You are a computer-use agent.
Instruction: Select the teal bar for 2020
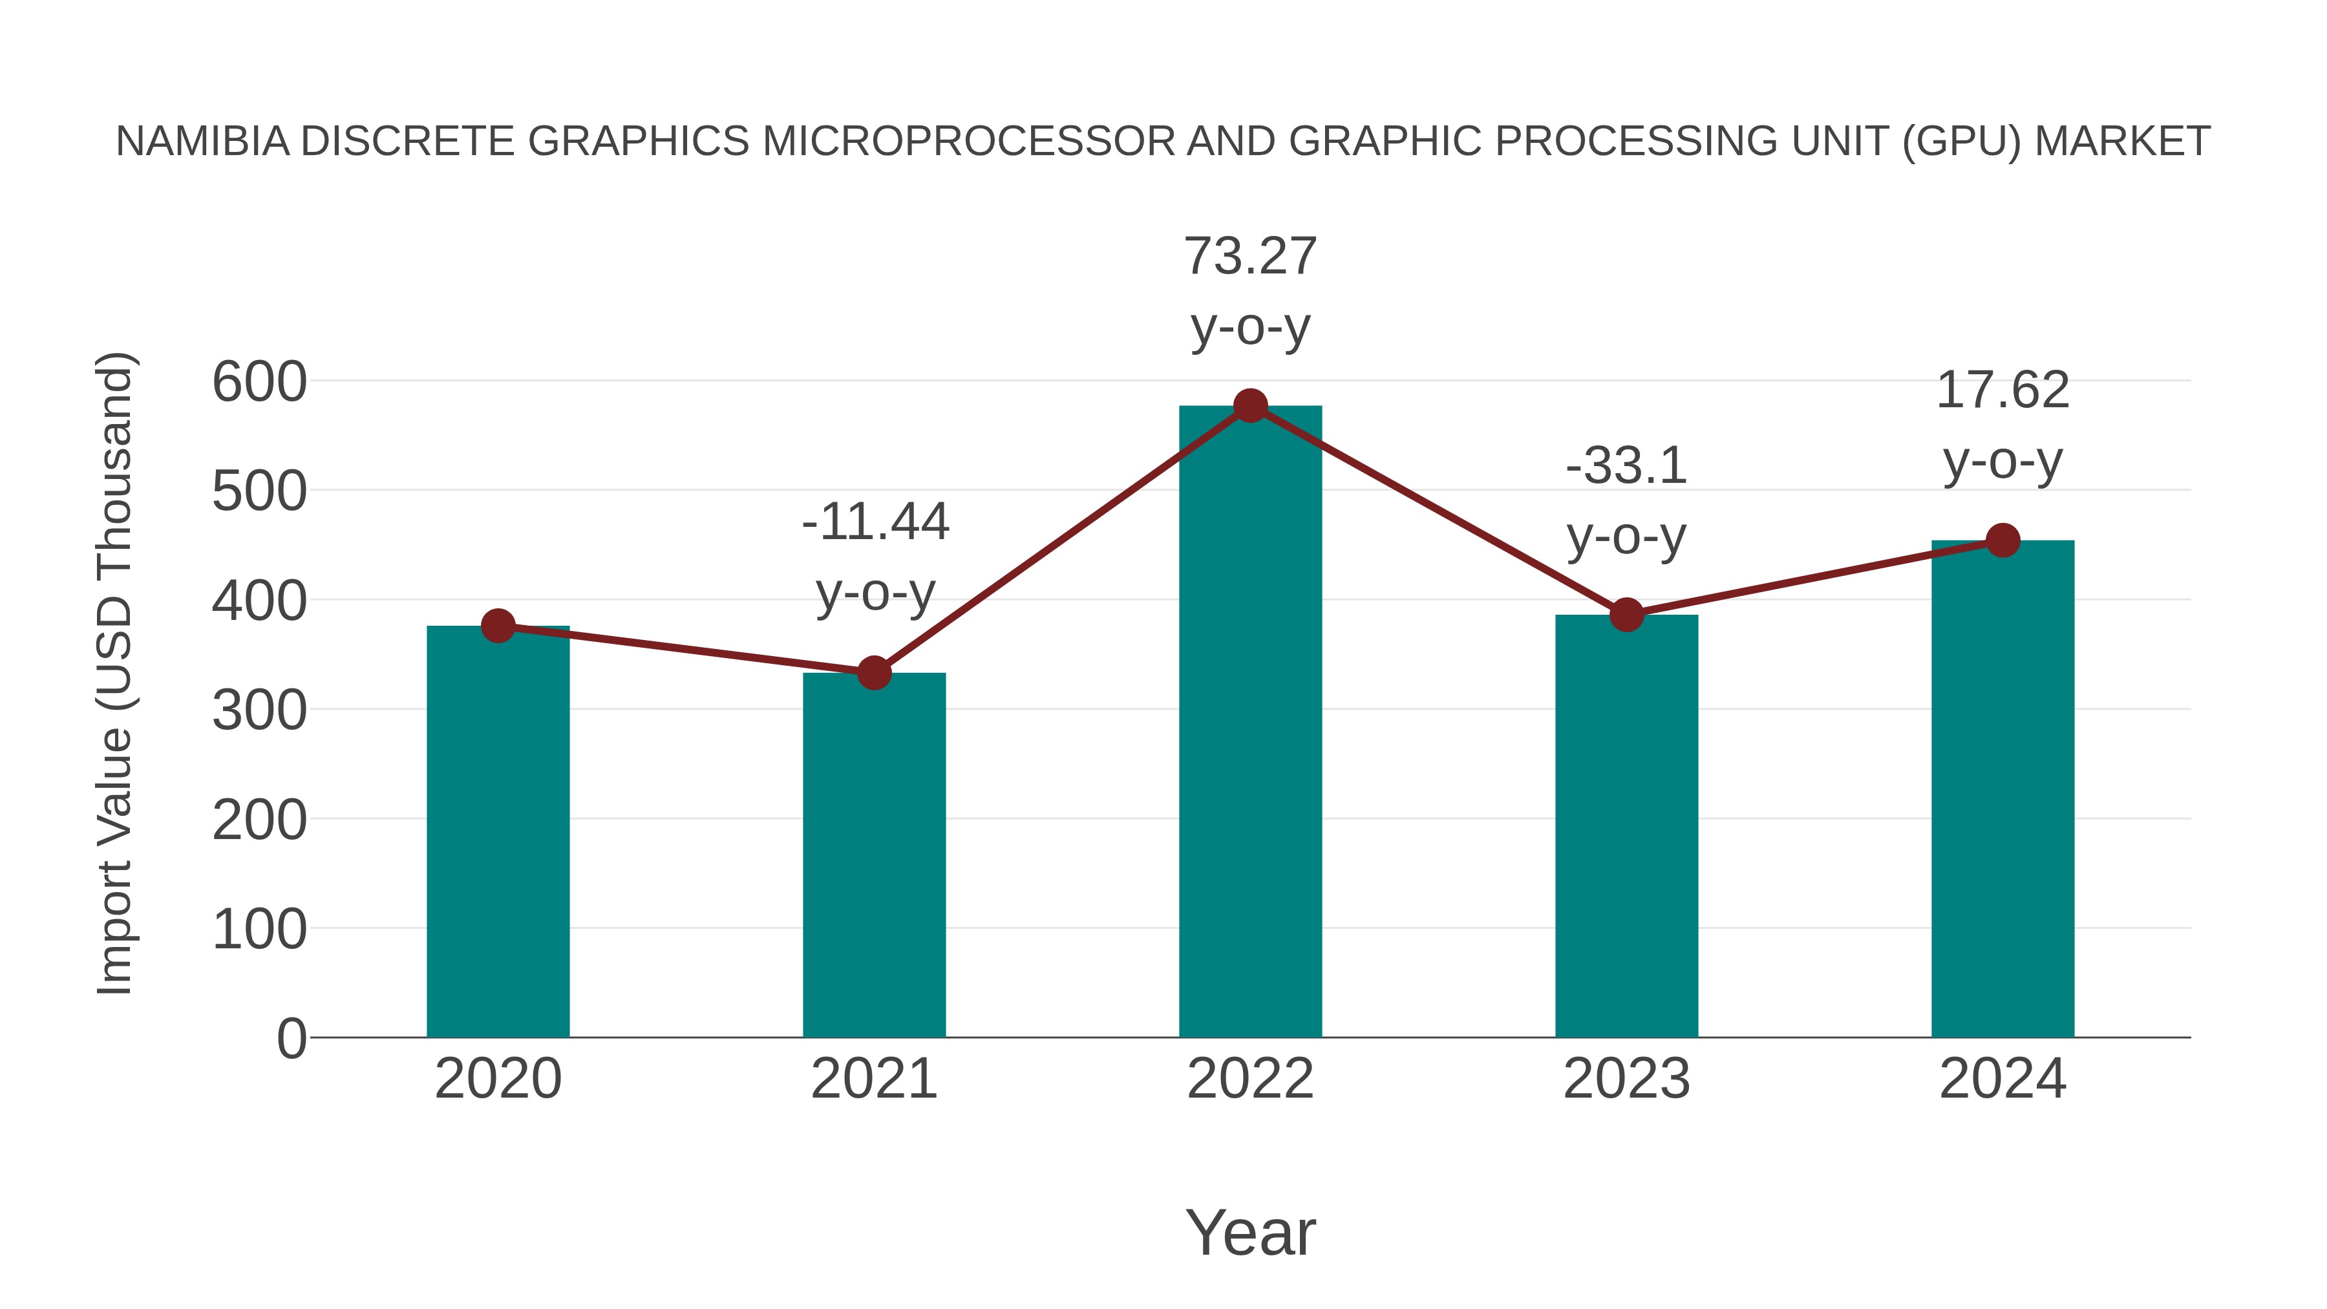click(x=498, y=831)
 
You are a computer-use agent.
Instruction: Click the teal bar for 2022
click(x=1250, y=723)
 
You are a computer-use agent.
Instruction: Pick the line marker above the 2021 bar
click(x=873, y=673)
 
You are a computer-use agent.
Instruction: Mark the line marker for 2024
click(x=2003, y=540)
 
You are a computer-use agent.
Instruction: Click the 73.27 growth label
click(x=1250, y=257)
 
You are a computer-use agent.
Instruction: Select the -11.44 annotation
click(x=875, y=522)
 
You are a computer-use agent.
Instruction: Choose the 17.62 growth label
click(x=2003, y=391)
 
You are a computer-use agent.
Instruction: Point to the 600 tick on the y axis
click(x=259, y=382)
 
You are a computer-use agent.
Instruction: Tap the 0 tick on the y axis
click(x=291, y=1039)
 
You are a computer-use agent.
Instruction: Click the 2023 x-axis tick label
click(x=1626, y=1080)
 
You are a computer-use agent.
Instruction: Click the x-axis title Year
click(x=1250, y=1233)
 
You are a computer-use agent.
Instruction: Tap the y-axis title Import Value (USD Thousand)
click(x=116, y=673)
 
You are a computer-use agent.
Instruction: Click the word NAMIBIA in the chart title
click(x=202, y=142)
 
